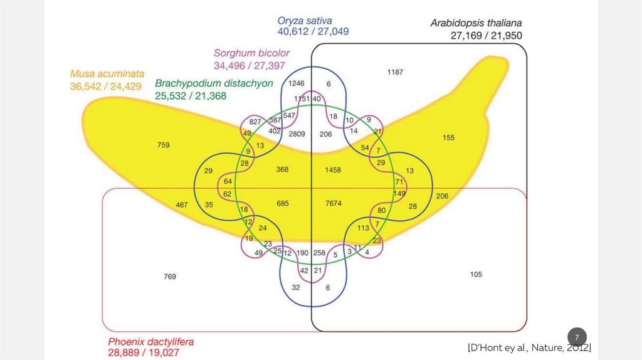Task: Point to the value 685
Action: (284, 203)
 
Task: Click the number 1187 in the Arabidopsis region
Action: (395, 72)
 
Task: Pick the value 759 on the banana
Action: (163, 146)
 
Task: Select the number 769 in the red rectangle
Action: (169, 276)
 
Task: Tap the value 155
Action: (448, 138)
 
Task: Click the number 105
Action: (476, 274)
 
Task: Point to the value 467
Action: (182, 205)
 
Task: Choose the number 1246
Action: (296, 83)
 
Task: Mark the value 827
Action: (255, 121)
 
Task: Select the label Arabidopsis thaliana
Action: (476, 23)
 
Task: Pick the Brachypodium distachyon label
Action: (214, 83)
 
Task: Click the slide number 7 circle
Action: (577, 336)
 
